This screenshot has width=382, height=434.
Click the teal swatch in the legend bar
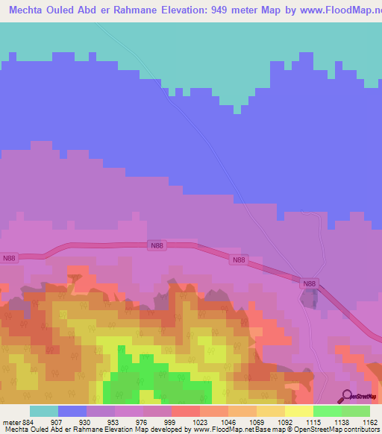[x=44, y=411]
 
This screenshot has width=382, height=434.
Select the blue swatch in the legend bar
[x=72, y=411]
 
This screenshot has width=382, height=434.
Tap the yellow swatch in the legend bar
[x=298, y=411]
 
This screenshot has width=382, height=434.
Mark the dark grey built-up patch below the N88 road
[x=310, y=299]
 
